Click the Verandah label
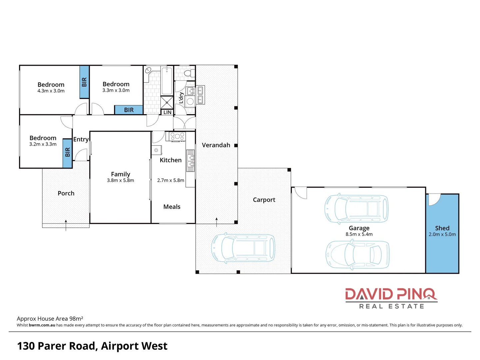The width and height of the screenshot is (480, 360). coord(216,145)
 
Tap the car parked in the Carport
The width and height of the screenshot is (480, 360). coord(243,248)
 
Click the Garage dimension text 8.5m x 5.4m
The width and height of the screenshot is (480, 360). coord(359,234)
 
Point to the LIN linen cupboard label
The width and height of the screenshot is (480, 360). coord(167,112)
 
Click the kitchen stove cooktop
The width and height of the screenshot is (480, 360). coord(177,136)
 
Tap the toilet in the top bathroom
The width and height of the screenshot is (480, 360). coord(189,73)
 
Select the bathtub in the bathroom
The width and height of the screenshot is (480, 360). coord(167,81)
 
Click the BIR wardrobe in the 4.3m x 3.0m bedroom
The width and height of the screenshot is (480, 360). coord(84,82)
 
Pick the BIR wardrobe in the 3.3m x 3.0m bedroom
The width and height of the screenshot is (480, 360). coord(129,110)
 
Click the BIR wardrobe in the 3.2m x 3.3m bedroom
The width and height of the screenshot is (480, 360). coord(68,153)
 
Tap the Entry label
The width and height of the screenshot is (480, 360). coord(81,139)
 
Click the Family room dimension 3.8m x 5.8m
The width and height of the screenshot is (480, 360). coord(120,180)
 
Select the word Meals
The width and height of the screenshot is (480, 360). coord(172,207)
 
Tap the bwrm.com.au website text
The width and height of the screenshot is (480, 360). coord(42,325)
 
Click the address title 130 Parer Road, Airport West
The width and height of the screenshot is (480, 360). coord(92,346)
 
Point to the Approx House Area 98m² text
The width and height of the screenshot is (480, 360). coord(50,319)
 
